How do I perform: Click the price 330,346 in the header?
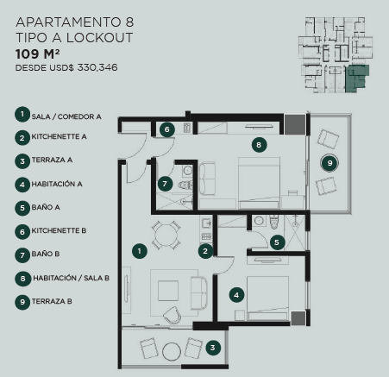pos(97,67)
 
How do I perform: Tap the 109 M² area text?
pos(38,53)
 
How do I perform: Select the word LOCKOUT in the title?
pos(99,38)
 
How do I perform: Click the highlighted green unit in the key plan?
pos(356,78)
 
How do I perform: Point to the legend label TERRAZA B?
pos(52,301)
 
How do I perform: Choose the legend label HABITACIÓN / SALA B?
pos(71,278)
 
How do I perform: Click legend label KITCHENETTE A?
pos(59,136)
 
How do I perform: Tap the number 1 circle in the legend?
pos(22,114)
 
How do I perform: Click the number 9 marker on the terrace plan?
pos(329,163)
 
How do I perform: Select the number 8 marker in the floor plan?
pos(259,145)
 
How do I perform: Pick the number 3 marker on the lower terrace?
pos(213,348)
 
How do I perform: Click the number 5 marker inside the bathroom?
pos(277,242)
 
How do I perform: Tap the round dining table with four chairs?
pos(166,235)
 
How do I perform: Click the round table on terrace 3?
pos(172,352)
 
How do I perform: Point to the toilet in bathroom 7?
pos(185,185)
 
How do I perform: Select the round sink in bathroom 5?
pos(260,221)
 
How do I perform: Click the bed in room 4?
pos(267,298)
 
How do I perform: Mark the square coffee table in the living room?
pos(168,291)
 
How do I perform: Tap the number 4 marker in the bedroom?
pos(236,295)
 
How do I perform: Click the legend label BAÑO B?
pos(46,254)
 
